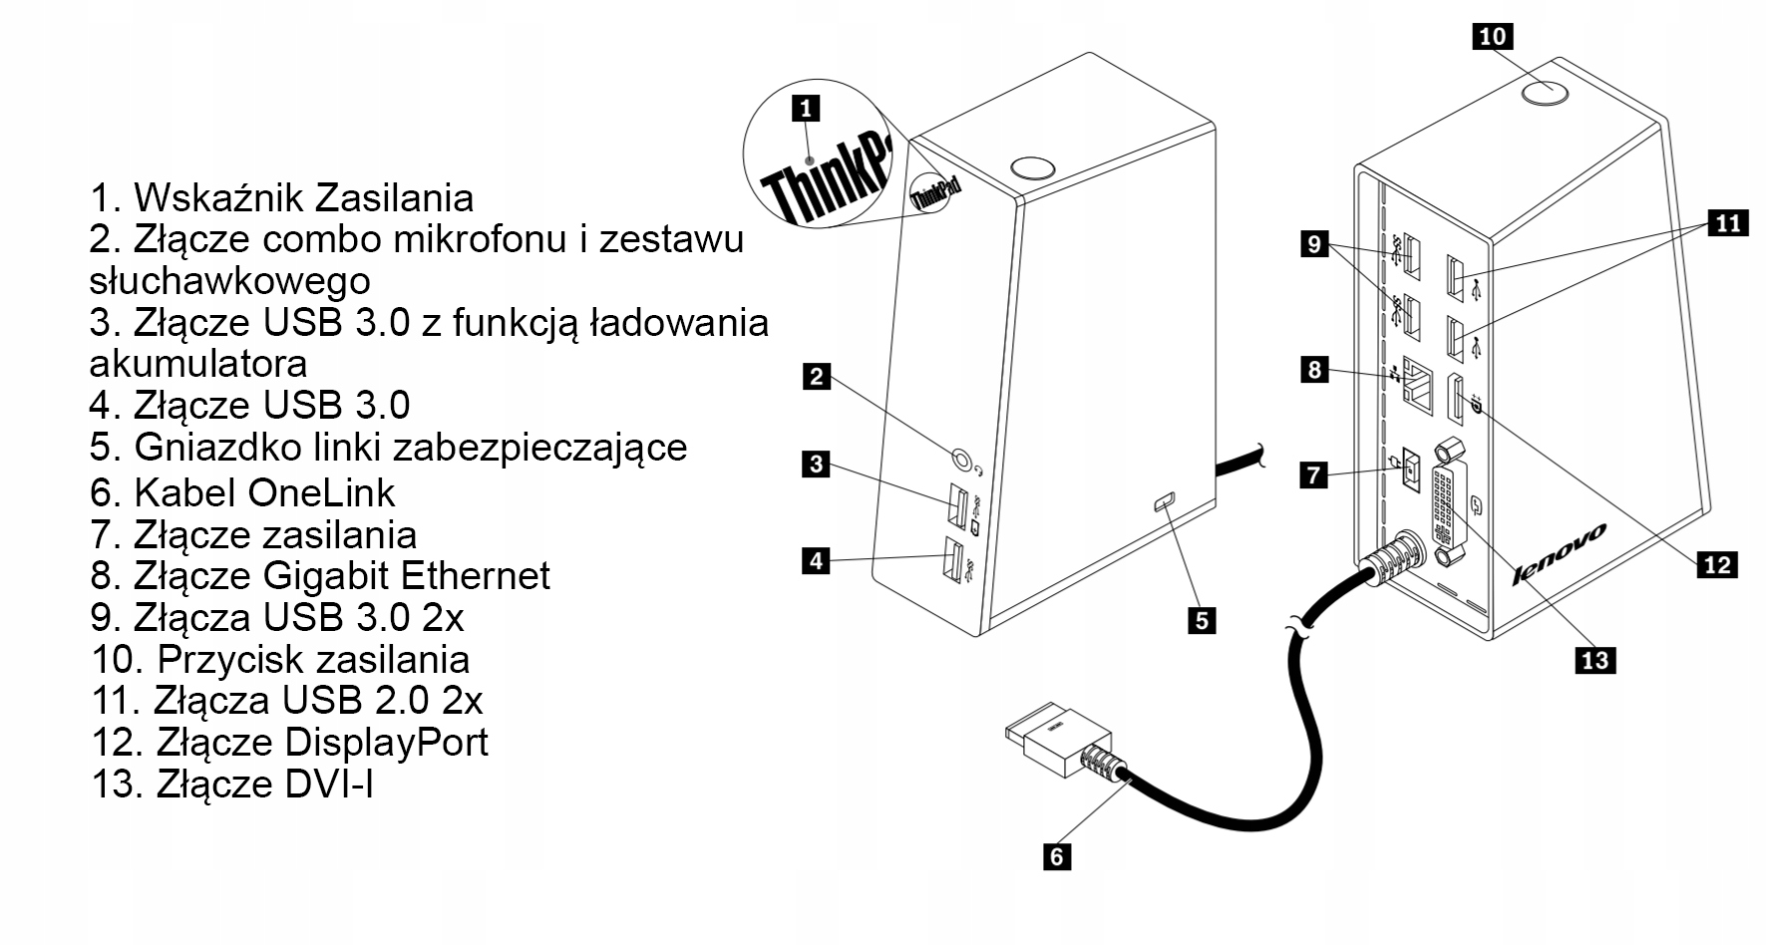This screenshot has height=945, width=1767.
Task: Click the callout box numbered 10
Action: [1492, 37]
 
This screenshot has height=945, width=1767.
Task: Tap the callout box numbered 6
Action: [1056, 855]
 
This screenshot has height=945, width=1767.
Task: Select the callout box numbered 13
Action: [1594, 659]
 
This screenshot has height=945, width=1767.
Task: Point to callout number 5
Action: [1202, 620]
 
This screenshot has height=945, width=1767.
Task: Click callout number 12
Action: [1717, 564]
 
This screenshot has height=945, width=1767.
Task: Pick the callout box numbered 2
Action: [817, 377]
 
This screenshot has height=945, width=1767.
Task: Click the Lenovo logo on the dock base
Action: [1559, 553]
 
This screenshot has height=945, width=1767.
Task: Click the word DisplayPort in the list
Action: [386, 743]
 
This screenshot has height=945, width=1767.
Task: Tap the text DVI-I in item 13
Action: [329, 785]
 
